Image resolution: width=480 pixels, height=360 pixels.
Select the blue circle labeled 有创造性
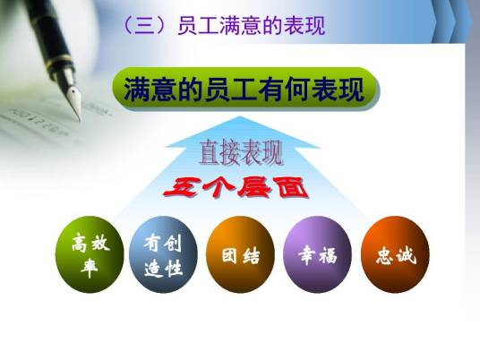pos(163,254)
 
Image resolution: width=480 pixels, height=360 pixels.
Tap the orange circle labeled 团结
pos(240,254)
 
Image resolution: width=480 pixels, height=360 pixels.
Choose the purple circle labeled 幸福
pos(317,254)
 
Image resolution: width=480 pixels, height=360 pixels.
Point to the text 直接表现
pos(240,153)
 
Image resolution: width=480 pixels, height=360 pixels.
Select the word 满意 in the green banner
pos(146,90)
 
